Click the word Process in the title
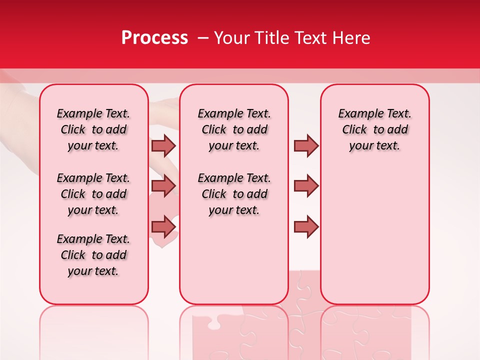point(154,38)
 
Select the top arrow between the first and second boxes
point(163,145)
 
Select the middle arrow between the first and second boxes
point(163,186)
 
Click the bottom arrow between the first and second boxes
point(163,226)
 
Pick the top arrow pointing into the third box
point(306,145)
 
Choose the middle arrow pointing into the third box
point(306,186)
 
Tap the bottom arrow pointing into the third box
point(306,226)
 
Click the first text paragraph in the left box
point(93,129)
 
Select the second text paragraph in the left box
point(93,194)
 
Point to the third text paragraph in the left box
point(93,255)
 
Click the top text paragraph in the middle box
point(234,129)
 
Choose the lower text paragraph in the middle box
point(234,194)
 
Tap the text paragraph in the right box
point(374,129)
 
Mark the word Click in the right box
point(354,130)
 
